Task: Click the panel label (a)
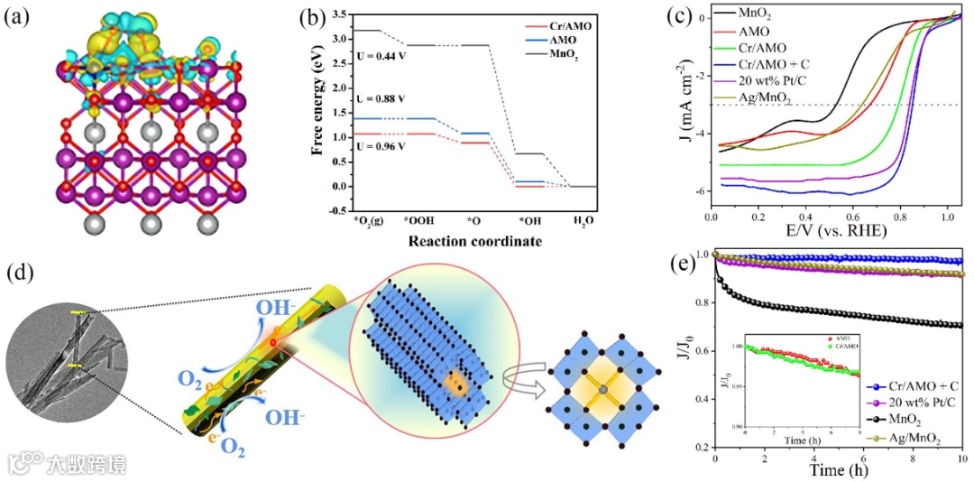point(20,20)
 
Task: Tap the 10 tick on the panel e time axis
point(961,458)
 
